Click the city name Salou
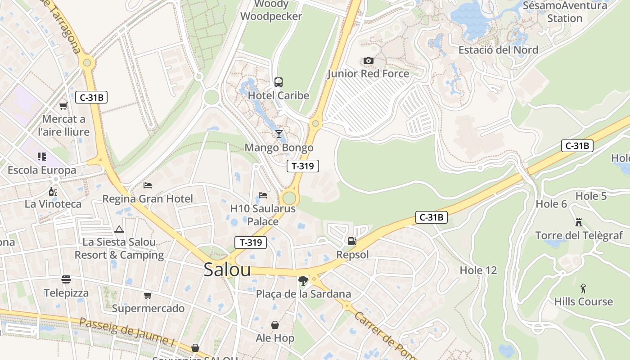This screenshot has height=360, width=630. (x=227, y=269)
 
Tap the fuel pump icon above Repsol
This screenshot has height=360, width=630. (x=352, y=241)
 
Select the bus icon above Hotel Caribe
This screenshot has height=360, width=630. (x=279, y=82)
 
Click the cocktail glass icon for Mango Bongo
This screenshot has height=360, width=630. (x=279, y=134)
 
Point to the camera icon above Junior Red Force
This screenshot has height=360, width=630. (x=368, y=60)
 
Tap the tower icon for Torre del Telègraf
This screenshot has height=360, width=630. (x=579, y=222)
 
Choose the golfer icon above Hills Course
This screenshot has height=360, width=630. (x=584, y=288)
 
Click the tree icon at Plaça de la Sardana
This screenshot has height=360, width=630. (x=303, y=281)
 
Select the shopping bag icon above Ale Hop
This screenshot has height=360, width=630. (x=275, y=325)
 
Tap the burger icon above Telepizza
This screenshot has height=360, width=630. (x=66, y=279)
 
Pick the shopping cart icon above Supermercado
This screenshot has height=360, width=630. (x=148, y=295)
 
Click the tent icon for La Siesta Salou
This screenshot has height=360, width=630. (x=119, y=229)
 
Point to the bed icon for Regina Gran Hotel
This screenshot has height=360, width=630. (x=148, y=185)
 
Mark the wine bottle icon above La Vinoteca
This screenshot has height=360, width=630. (x=53, y=191)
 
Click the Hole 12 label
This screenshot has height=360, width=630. (x=478, y=270)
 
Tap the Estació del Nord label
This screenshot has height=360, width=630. (x=498, y=50)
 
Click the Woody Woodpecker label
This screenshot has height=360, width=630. (x=271, y=10)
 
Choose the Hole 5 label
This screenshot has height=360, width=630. (x=591, y=196)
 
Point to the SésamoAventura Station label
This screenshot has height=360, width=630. (x=565, y=12)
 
